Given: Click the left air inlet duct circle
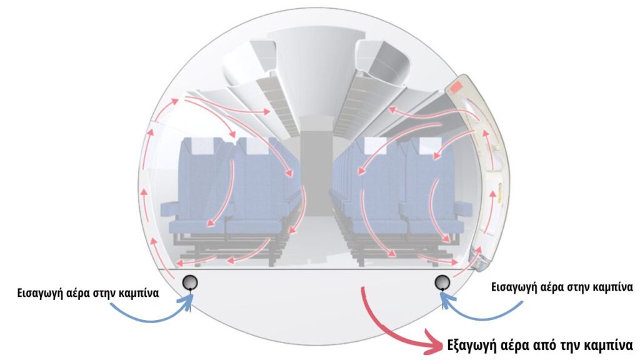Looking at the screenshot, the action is tap(190, 282).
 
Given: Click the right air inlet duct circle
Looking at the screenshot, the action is tap(442, 282).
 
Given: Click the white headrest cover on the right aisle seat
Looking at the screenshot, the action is tap(375, 145).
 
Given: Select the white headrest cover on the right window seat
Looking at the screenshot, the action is tap(430, 145).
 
